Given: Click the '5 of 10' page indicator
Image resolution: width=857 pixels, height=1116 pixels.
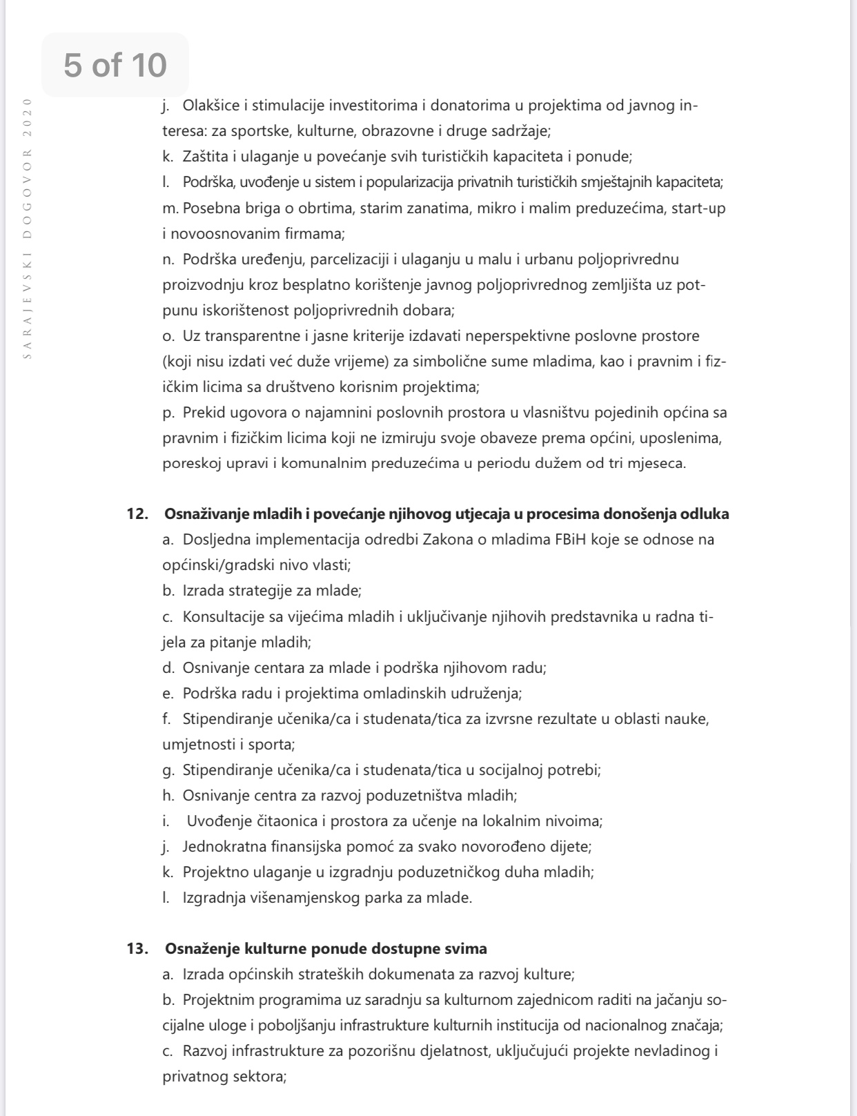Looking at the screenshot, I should [115, 65].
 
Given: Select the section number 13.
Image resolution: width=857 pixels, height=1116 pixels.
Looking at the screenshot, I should [137, 949].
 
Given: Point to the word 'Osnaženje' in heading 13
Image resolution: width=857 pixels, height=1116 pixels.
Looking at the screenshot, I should [197, 949].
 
